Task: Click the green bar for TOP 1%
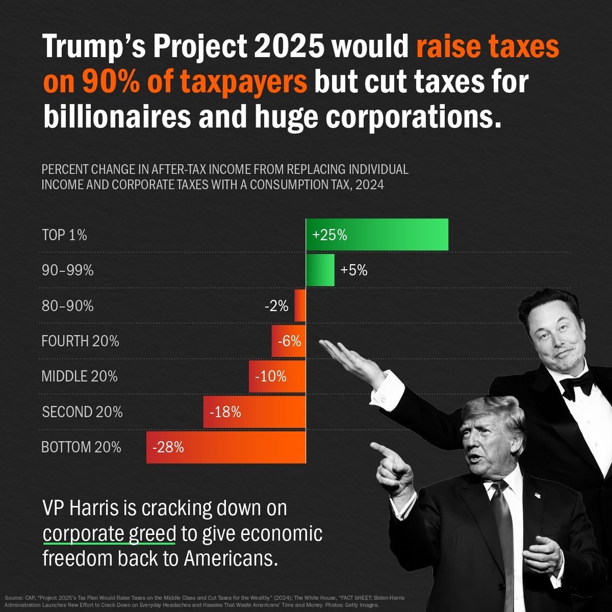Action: [377, 235]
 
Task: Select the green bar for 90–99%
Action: [320, 270]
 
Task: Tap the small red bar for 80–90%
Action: [300, 306]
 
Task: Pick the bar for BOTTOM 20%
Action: [226, 447]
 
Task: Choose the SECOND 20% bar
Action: [254, 412]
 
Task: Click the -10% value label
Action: [271, 376]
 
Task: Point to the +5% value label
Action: [354, 271]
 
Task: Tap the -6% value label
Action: [289, 341]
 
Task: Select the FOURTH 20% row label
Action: [80, 341]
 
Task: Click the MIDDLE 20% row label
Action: [79, 376]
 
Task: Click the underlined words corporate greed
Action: [111, 534]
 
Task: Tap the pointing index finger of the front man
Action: [381, 449]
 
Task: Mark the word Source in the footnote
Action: [12, 598]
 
